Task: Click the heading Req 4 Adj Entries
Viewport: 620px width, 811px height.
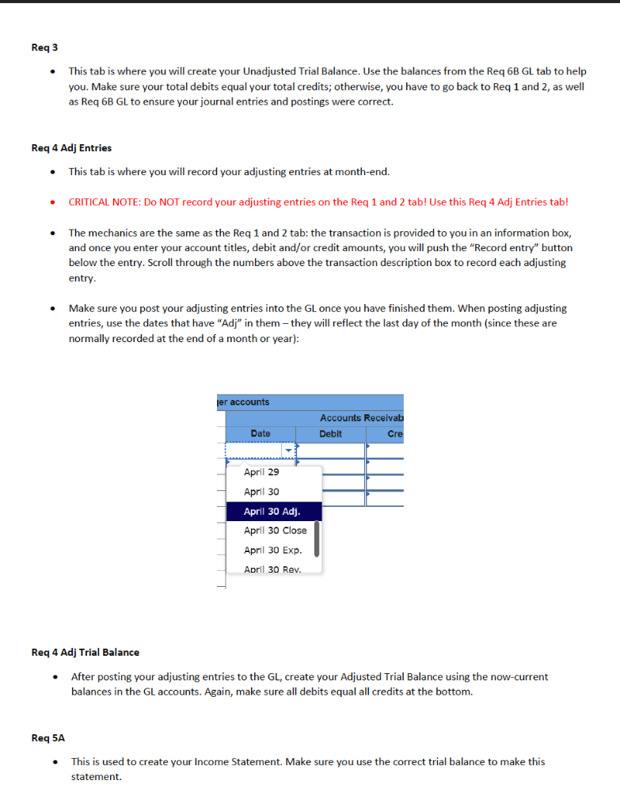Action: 71,147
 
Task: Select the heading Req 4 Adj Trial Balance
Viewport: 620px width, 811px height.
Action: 85,652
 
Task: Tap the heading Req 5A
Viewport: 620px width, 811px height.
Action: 48,737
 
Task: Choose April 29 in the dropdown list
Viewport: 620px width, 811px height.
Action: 261,472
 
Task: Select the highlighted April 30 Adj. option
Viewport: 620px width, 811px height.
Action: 272,511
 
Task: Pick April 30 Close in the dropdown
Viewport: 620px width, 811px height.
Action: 275,531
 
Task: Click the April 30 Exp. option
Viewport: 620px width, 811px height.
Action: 272,550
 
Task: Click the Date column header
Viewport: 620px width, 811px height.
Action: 260,434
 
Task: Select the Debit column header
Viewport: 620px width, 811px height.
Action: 331,434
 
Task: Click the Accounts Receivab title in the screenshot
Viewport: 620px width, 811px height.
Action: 361,417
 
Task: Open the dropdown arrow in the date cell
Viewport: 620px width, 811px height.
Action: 288,451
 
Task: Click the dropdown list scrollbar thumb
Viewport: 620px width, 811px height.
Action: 317,539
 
